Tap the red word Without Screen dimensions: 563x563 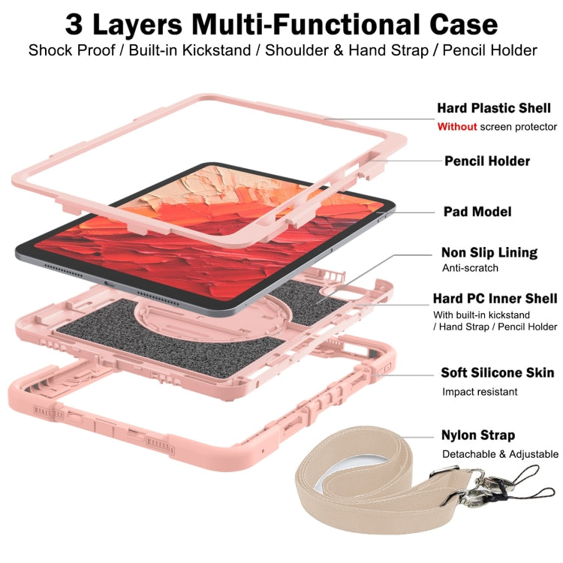(457, 127)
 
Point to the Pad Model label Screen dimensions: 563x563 (477, 212)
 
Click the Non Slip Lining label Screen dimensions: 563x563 (489, 252)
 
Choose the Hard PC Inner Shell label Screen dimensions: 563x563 (495, 298)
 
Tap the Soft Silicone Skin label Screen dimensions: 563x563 (498, 372)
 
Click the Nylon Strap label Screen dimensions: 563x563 (478, 435)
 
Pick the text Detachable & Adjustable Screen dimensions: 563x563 (500, 454)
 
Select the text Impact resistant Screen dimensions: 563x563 (480, 392)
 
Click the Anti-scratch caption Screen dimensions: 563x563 (470, 268)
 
